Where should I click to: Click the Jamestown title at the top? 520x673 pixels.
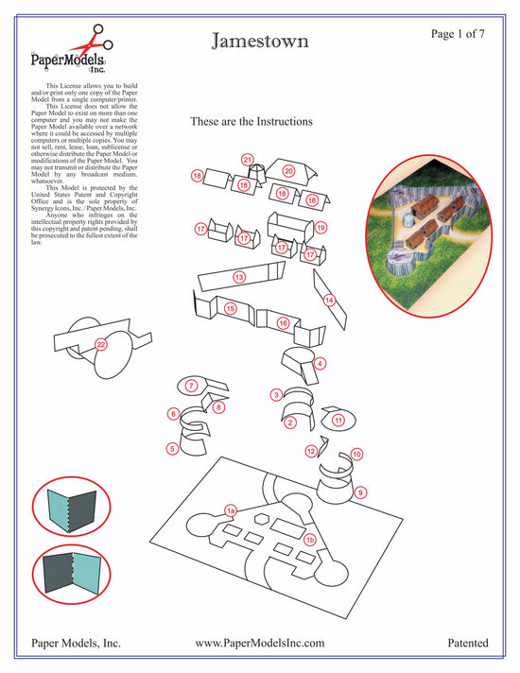point(259,42)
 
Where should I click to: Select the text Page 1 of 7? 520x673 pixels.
point(459,34)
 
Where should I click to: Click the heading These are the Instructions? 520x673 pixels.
point(251,122)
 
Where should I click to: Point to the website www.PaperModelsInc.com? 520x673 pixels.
point(260,643)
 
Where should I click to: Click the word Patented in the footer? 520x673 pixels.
point(468,643)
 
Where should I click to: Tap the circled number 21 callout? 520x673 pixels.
point(248,160)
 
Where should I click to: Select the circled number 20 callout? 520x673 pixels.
point(289,171)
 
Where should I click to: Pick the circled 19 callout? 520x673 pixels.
point(321,228)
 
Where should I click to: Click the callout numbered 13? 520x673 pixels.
point(239,277)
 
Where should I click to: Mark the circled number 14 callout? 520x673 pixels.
point(330,301)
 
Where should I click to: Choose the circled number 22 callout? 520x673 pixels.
point(101,345)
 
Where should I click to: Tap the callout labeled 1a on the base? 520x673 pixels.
point(230,509)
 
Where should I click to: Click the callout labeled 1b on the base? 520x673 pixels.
point(309,539)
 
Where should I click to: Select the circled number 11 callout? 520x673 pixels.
point(338,420)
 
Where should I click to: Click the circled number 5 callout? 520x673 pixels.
point(172,449)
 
